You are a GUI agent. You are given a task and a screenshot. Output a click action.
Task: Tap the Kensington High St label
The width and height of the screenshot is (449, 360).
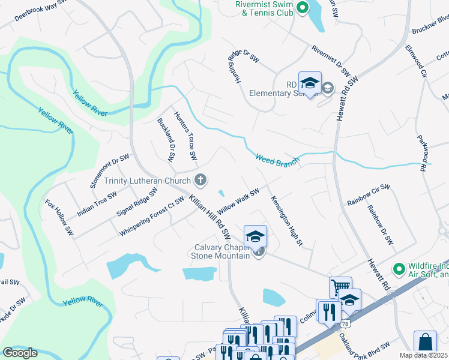(286, 221)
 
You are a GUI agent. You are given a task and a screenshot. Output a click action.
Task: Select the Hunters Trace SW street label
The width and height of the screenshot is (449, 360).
(185, 136)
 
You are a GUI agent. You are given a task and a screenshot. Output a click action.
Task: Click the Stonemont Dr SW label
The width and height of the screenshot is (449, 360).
(109, 171)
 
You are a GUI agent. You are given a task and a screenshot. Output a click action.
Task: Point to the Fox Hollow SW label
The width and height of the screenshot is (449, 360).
(59, 217)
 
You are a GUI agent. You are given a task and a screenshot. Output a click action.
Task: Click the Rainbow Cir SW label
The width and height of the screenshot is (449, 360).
(369, 196)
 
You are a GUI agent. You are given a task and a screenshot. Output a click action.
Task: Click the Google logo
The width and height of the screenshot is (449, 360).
(20, 352)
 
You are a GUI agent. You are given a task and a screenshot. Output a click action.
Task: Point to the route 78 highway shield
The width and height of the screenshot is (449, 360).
(344, 323)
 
